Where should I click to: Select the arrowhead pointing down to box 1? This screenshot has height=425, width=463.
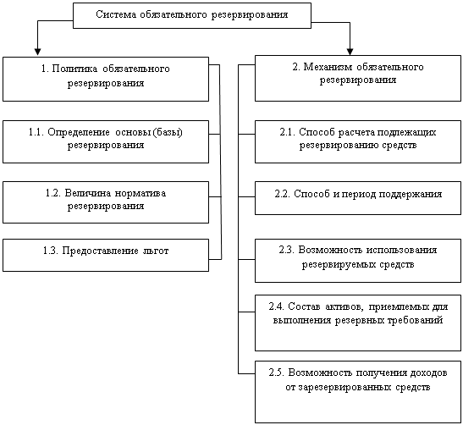[x=37, y=52]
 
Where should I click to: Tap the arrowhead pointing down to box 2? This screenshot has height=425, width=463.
[x=350, y=52]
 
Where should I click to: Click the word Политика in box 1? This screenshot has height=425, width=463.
[x=74, y=69]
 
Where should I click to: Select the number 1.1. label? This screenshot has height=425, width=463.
[x=36, y=132]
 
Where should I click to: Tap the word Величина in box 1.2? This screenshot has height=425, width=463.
[x=88, y=193]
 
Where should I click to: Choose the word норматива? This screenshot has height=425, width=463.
[x=141, y=193]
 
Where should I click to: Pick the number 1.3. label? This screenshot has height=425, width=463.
[x=51, y=251]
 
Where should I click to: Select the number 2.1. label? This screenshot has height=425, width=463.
[x=288, y=132]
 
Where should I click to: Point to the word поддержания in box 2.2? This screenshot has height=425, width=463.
[x=411, y=195]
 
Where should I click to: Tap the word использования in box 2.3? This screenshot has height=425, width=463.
[x=401, y=250]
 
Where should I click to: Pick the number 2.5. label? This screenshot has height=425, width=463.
[x=277, y=373]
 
